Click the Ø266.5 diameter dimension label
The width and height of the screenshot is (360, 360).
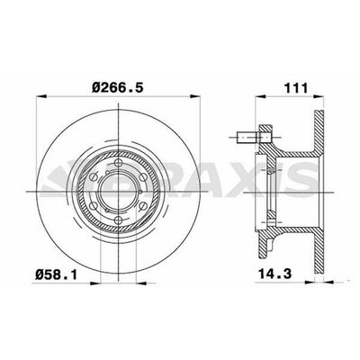click(x=118, y=87)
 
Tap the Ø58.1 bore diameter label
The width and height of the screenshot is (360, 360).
click(x=56, y=274)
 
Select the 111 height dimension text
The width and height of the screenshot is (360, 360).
click(x=296, y=88)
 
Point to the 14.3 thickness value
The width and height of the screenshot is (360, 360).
click(x=275, y=274)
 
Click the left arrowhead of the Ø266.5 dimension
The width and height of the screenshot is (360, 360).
click(x=41, y=96)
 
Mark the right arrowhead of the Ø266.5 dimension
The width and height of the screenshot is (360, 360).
click(x=195, y=96)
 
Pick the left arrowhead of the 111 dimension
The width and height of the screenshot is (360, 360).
click(x=260, y=96)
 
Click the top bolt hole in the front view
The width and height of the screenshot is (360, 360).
click(x=118, y=163)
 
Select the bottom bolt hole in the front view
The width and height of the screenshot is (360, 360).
click(x=118, y=220)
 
